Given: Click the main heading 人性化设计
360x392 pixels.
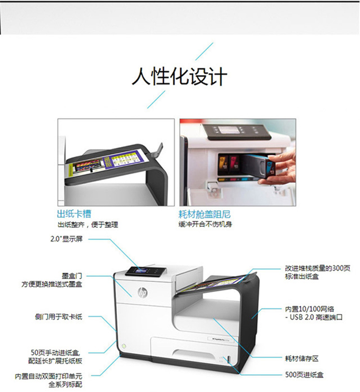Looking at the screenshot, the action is [x=180, y=76].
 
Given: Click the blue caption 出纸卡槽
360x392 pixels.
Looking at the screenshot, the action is [x=74, y=214].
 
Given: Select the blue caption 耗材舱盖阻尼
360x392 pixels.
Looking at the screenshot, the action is [x=204, y=214].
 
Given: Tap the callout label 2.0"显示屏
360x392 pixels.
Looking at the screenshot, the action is [x=66, y=239].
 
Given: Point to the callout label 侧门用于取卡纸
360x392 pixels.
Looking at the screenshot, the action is [x=59, y=317].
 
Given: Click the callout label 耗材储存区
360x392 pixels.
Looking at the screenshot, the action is [x=302, y=358].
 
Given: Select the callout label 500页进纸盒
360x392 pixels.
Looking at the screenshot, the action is [x=304, y=375].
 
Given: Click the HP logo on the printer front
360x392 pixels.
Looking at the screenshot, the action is [x=143, y=292].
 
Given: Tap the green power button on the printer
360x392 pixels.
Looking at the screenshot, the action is [x=124, y=346].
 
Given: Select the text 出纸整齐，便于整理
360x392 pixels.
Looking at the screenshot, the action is [x=88, y=224].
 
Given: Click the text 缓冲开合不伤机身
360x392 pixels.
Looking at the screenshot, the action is [x=205, y=224].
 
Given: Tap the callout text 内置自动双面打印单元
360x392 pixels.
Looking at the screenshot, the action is [x=48, y=376].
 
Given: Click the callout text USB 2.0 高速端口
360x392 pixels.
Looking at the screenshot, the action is [x=316, y=317].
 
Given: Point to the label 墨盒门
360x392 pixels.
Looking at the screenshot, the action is [x=72, y=276].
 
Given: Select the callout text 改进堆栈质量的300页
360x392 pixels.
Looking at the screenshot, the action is [x=318, y=268].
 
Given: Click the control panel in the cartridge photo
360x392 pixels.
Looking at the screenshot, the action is [x=237, y=132].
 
